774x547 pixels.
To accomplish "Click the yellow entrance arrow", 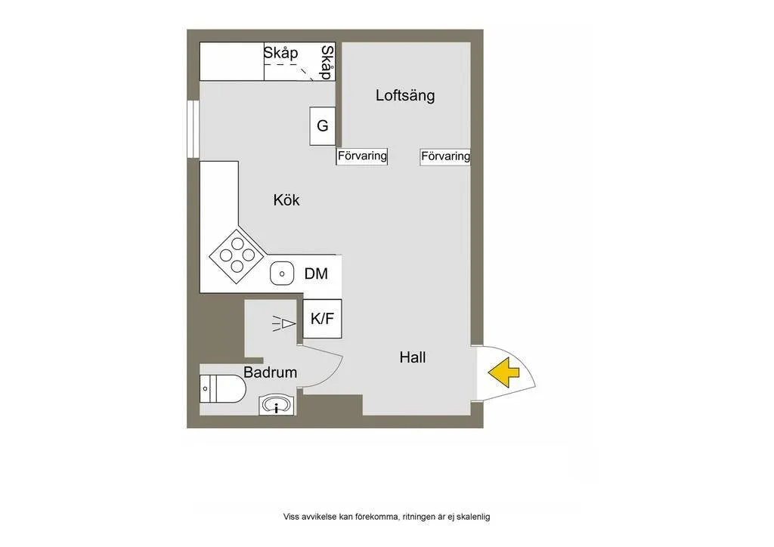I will coord(503,372).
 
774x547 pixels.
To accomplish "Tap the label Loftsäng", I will coord(405,96).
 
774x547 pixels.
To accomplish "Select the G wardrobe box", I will coord(323,126).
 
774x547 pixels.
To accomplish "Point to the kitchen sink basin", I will coord(282,273).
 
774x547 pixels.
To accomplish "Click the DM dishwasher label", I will coord(316,273).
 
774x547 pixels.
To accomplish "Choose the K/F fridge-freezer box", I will coord(322,319).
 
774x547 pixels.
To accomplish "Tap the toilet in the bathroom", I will coord(223,390).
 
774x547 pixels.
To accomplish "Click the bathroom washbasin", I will coord(277,406).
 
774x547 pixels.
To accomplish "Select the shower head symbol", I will coord(284,323).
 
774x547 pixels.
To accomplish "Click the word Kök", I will coord(286,200).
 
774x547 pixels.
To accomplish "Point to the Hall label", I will coord(413,357).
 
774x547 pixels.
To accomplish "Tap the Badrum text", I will coord(270,372).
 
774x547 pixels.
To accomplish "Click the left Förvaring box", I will coord(362,156).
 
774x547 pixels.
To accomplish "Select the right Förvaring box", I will coord(445,156).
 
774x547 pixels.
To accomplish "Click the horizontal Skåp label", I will coord(280,53).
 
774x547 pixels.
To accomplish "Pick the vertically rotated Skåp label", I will coord(327,62).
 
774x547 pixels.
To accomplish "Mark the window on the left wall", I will coord(192,128).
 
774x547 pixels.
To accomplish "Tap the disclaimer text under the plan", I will coord(386,517).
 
